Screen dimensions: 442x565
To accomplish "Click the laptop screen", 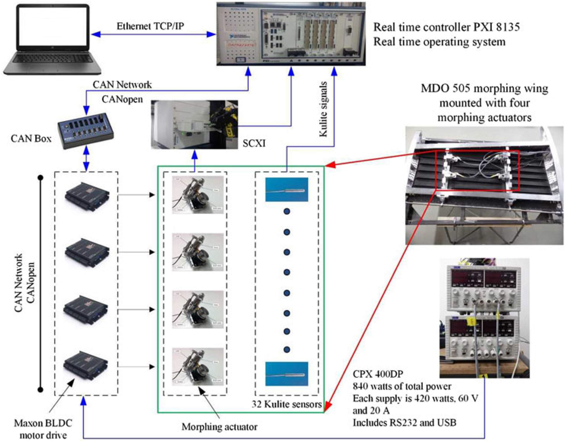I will (x=53, y=28).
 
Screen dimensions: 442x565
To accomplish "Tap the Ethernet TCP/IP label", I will (x=150, y=26).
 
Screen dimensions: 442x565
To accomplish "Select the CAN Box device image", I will (x=86, y=131).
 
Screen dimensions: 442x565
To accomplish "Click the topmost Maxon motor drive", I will (x=87, y=196).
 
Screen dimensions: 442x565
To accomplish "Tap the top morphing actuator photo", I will (x=198, y=195).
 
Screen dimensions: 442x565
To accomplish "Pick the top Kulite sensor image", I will (x=287, y=189).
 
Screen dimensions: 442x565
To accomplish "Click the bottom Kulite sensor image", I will (x=287, y=374).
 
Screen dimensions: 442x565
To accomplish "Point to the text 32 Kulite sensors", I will (x=287, y=404).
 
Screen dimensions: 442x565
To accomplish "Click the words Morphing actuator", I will (x=220, y=427).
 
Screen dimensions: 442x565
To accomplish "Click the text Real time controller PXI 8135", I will (x=446, y=27).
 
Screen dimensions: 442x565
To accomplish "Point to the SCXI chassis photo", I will (x=194, y=125).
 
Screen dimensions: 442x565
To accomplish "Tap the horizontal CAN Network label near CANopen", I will (x=122, y=85).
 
